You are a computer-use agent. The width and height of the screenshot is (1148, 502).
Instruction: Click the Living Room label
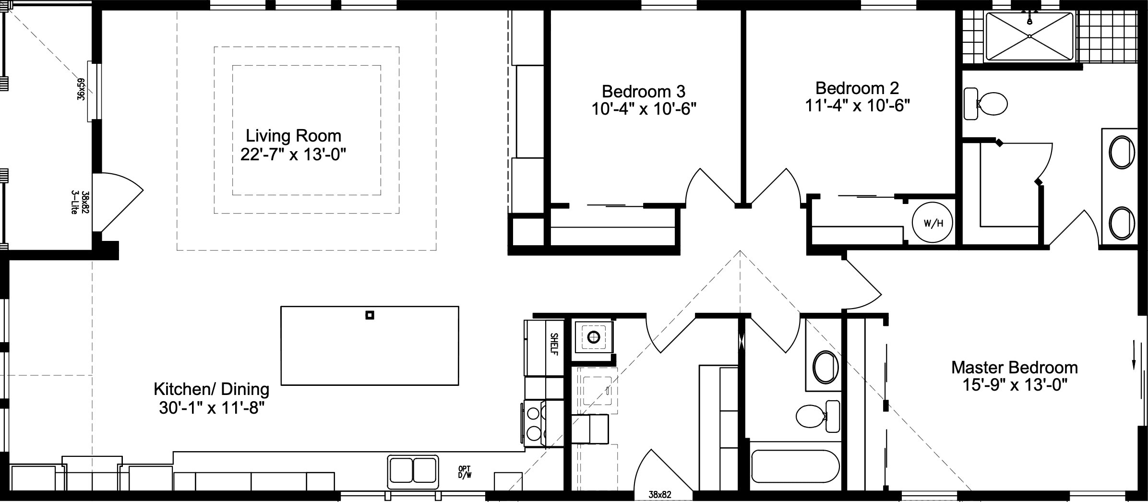pos(293,136)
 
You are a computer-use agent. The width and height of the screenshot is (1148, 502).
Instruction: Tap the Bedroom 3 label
pos(643,91)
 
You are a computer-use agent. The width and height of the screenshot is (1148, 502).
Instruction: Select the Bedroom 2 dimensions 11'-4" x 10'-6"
pos(857,106)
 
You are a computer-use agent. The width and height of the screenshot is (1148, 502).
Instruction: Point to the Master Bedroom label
pos(1014,368)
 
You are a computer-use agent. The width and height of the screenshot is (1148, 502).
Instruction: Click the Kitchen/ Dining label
pos(211,389)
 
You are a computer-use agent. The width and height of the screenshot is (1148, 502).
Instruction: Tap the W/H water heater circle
pos(933,224)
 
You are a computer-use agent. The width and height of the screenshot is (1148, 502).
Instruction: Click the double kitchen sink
pos(413,470)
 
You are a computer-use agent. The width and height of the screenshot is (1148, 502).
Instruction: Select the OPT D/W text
pos(465,472)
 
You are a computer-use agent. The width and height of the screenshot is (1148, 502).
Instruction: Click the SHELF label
pos(554,344)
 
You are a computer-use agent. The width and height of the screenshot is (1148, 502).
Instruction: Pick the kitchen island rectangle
pos(370,346)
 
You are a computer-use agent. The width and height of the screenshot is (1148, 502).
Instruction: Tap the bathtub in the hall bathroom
pos(795,466)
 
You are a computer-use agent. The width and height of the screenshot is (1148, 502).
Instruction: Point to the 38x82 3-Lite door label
pos(80,202)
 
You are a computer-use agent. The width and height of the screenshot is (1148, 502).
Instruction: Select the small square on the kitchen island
pos(370,315)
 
